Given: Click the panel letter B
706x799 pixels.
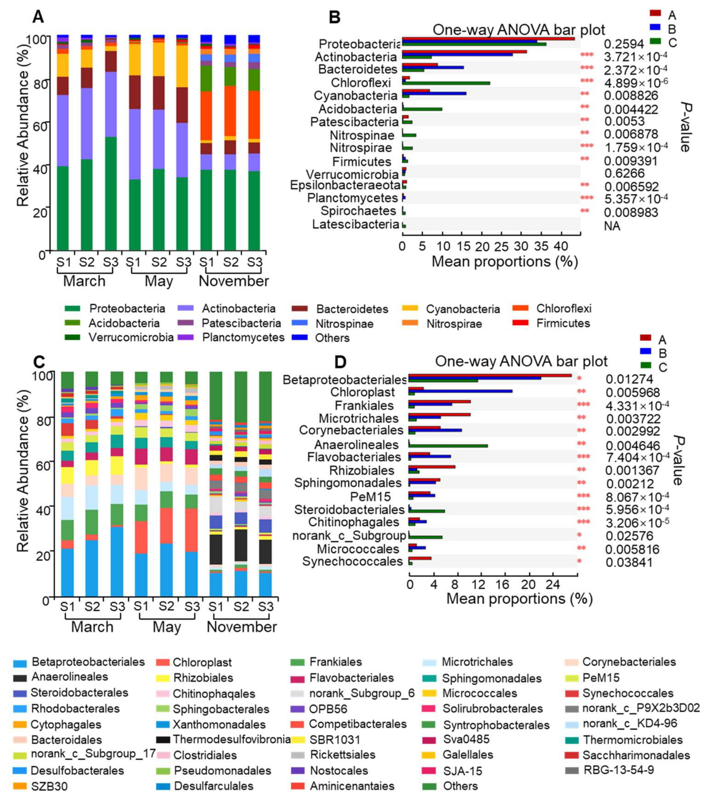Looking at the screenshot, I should tap(335, 17).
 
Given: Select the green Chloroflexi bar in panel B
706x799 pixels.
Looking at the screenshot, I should tap(446, 83).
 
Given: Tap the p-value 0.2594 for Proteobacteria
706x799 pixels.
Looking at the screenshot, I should tap(623, 44).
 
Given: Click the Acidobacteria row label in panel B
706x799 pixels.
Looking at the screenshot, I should tap(357, 109).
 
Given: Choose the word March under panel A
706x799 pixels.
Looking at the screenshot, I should tap(84, 281).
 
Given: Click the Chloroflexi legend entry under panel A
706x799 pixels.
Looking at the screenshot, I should tap(564, 309).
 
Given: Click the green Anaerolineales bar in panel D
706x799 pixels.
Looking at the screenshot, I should tap(448, 445).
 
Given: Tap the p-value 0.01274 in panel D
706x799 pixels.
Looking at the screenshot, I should tap(629, 380).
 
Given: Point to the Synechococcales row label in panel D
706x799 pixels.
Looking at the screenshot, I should tap(352, 562).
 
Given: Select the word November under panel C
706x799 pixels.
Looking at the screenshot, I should tap(242, 627).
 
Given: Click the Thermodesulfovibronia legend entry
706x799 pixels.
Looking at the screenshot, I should tap(232, 739).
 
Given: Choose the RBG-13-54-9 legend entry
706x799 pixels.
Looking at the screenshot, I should tap(618, 770).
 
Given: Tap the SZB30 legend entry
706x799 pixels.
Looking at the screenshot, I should tap(49, 786).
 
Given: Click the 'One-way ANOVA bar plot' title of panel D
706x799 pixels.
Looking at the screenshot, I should tap(521, 361).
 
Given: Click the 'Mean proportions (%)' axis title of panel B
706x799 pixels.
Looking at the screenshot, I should tap(504, 262).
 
